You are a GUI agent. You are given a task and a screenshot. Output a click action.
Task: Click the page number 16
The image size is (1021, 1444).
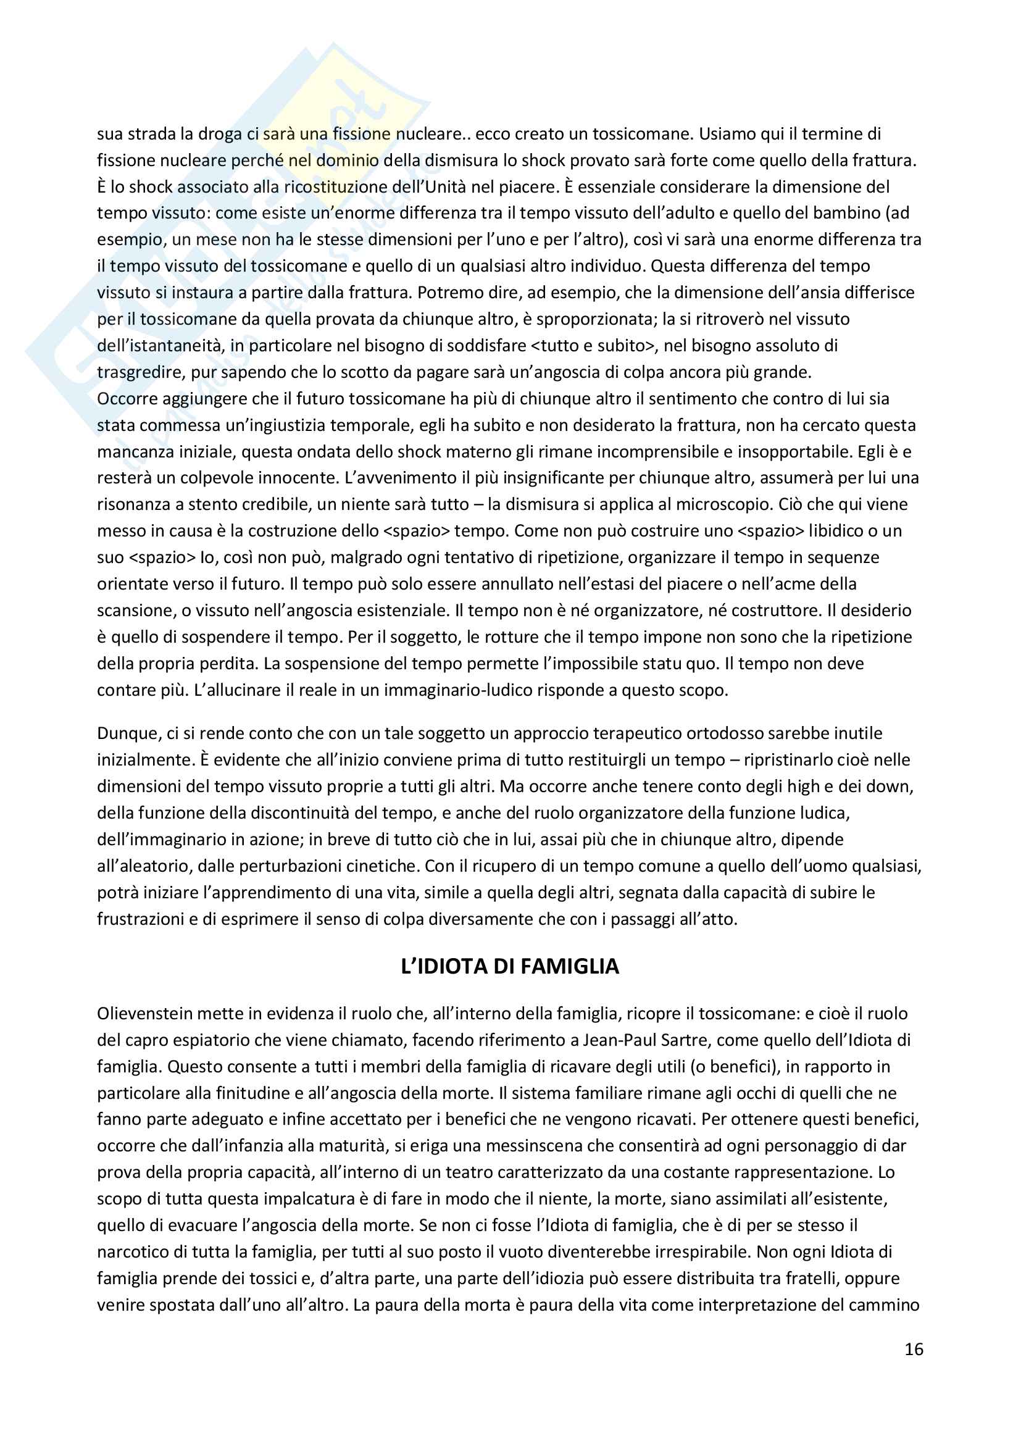[914, 1349]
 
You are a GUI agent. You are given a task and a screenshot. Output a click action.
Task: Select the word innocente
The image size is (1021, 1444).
[299, 477]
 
